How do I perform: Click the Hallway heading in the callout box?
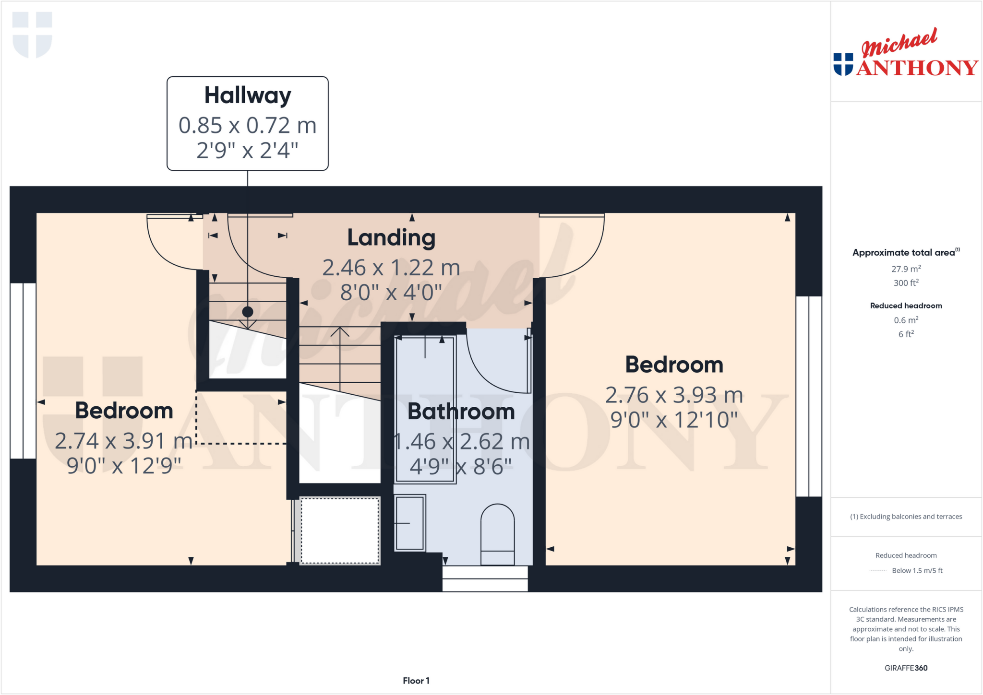coord(248,95)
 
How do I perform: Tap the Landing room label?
coord(391,237)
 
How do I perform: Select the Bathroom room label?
coord(461,412)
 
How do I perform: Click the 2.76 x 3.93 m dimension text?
coord(674,395)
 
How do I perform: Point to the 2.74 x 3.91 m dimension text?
coord(124,441)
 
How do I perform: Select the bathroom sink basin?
coord(410,523)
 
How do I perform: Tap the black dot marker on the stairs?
coord(248,312)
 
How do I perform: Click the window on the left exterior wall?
coord(23,371)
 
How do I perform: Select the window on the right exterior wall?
coord(809,396)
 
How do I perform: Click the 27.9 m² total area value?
coord(906,269)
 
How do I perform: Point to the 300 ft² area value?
coord(906,283)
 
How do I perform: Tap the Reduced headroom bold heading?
coord(906,306)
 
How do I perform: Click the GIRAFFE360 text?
coord(906,668)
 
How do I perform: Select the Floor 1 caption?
coord(416,681)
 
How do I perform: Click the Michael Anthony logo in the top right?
coord(906,54)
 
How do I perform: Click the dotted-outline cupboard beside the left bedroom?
coord(340,530)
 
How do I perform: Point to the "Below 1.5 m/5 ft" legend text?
coord(917,570)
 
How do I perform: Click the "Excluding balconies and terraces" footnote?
coord(906,517)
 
